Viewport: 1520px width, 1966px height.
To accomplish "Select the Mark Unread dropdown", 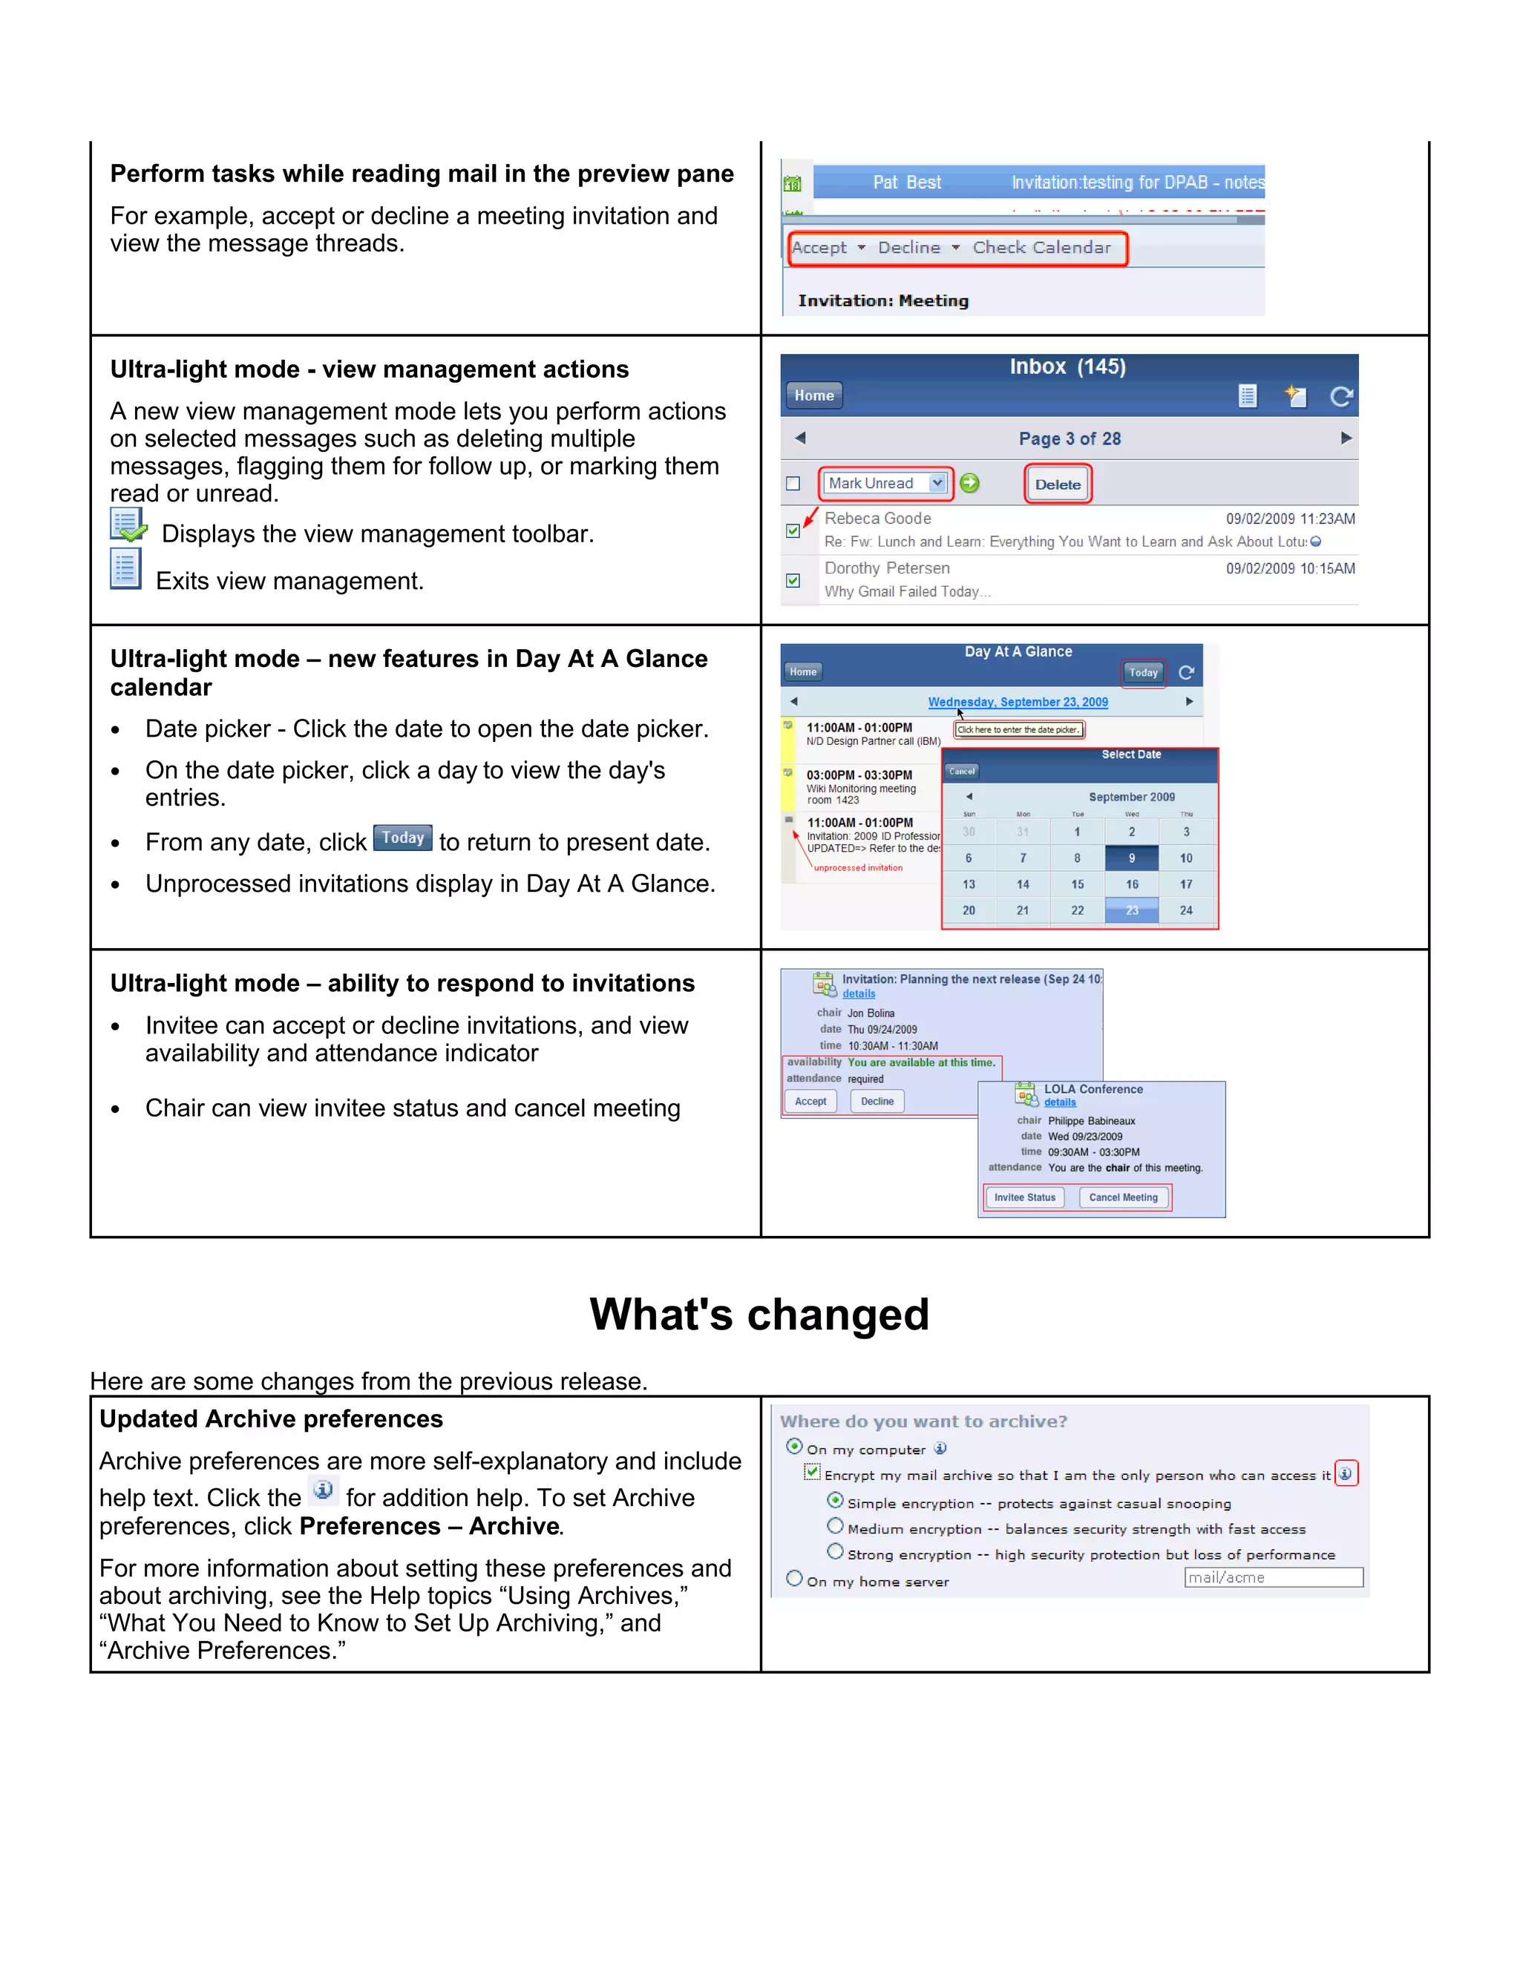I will [x=886, y=484].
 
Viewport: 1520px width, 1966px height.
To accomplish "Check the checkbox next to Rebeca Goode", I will [x=793, y=531].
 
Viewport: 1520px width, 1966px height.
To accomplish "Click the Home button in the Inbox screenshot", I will [x=814, y=395].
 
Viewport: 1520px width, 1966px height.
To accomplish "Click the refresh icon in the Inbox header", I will [x=1341, y=396].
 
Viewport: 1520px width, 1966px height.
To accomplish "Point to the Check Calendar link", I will [x=1042, y=248].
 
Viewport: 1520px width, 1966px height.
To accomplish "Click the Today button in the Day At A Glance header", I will [x=1143, y=672].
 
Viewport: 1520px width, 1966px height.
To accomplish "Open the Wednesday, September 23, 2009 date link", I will [x=1018, y=702].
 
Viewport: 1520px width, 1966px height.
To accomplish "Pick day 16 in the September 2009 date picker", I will [x=1132, y=885].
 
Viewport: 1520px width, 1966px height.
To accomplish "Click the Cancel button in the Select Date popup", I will [x=962, y=772].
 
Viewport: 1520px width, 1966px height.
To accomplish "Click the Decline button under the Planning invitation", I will [x=877, y=1101].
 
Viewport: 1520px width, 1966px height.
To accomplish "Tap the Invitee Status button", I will [x=1025, y=1197].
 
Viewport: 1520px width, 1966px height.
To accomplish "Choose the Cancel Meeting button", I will [x=1123, y=1197].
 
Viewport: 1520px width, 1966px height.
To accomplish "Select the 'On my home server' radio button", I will [x=794, y=1578].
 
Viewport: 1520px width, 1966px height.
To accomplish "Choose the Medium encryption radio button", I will [x=836, y=1526].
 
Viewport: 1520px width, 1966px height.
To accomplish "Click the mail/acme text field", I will [x=1274, y=1577].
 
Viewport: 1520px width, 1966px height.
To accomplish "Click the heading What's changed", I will [x=759, y=1315].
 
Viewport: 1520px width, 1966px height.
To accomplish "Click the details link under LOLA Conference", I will [x=1060, y=1102].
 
